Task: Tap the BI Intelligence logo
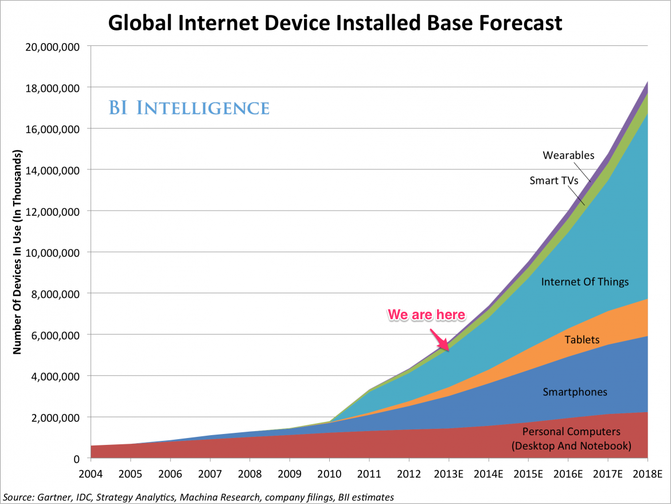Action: click(x=189, y=107)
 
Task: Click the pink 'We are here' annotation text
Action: click(x=427, y=314)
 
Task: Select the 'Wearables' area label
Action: click(x=568, y=155)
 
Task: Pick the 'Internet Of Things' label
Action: click(x=585, y=281)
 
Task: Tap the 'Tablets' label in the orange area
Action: click(x=582, y=339)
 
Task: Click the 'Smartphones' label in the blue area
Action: click(x=575, y=392)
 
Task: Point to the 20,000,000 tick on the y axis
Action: click(x=52, y=46)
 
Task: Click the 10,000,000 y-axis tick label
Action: click(x=52, y=252)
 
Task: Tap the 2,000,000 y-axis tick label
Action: click(x=54, y=417)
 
